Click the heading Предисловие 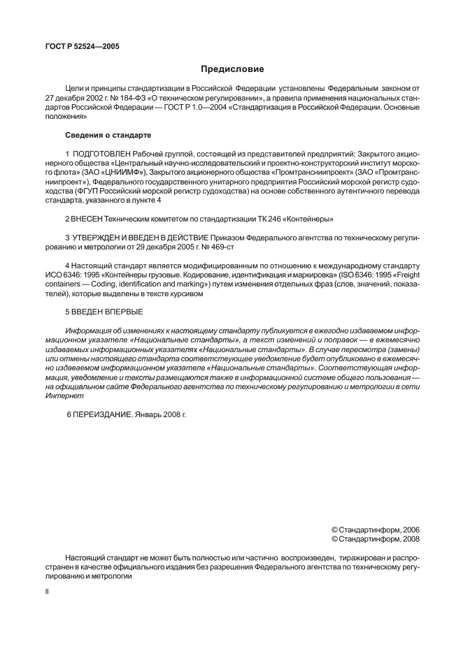(x=231, y=69)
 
